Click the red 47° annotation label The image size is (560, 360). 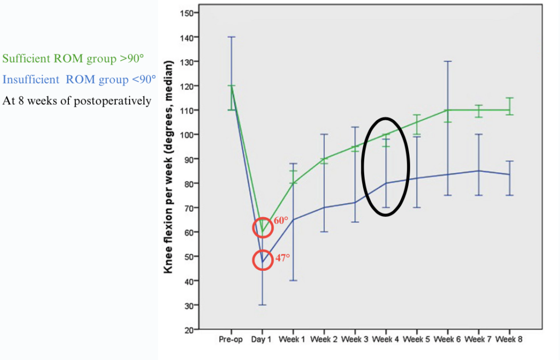click(x=282, y=257)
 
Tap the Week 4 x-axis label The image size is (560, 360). click(x=386, y=339)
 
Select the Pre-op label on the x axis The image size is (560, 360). click(x=231, y=339)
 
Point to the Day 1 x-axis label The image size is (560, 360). click(x=262, y=339)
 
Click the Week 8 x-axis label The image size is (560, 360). click(x=510, y=339)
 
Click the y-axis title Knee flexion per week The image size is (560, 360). click(x=170, y=167)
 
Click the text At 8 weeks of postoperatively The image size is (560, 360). click(x=77, y=101)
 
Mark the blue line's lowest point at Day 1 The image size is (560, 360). click(x=262, y=262)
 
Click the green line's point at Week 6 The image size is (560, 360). click(x=448, y=110)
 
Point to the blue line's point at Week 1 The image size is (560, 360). click(x=293, y=220)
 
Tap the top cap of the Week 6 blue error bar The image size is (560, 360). click(x=448, y=61)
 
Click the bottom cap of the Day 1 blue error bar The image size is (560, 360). click(x=262, y=305)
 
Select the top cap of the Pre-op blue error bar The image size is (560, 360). click(x=231, y=37)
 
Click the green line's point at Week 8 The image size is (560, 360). click(x=510, y=110)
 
